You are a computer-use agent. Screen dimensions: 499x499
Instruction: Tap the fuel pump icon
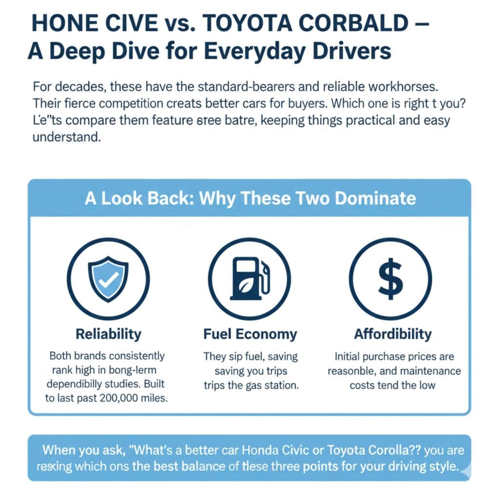(x=249, y=279)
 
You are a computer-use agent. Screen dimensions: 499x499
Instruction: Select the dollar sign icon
(x=390, y=279)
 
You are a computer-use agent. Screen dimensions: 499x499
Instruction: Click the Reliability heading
(x=108, y=334)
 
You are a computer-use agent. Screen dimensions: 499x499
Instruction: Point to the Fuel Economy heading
(x=249, y=334)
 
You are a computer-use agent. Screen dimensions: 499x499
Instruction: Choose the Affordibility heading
(x=393, y=334)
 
